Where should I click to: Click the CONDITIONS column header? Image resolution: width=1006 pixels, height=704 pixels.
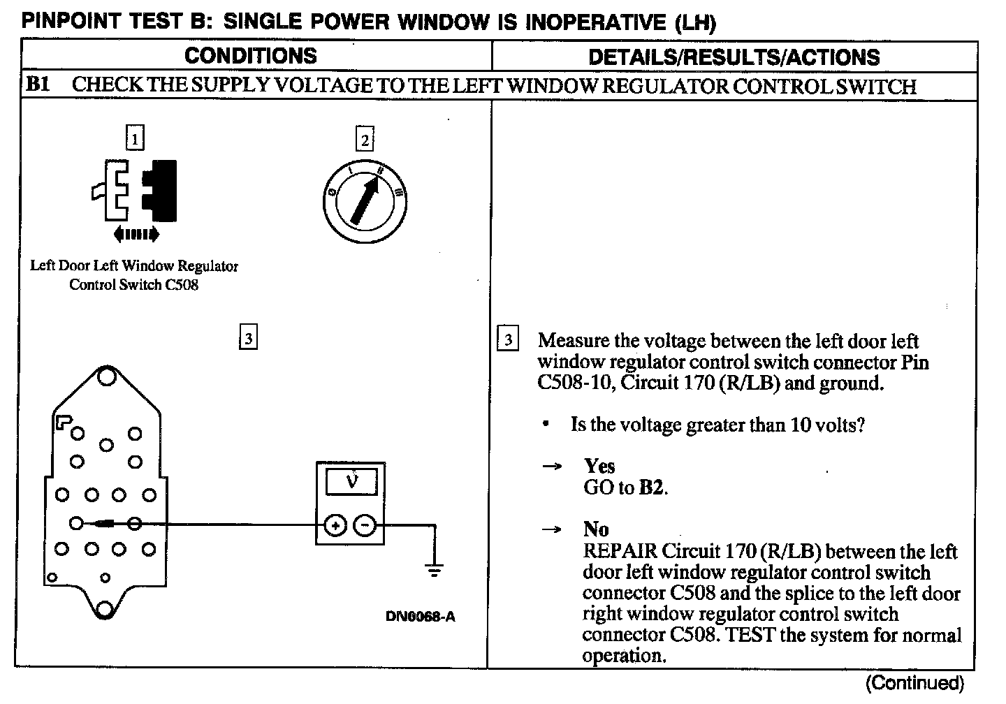point(250,56)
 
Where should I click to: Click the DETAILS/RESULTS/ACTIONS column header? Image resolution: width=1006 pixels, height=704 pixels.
point(734,57)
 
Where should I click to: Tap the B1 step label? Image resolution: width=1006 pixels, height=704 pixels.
point(38,85)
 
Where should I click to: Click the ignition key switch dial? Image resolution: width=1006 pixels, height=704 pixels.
point(365,202)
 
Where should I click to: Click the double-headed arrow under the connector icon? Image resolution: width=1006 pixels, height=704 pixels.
point(136,234)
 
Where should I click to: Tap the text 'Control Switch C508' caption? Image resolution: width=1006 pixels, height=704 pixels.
point(133,285)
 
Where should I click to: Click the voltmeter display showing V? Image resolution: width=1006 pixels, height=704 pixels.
point(351,482)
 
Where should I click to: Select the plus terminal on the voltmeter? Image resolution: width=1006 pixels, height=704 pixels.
point(335,525)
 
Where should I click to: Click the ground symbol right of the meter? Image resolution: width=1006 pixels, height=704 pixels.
point(435,570)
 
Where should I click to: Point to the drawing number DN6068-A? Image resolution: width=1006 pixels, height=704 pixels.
point(420,617)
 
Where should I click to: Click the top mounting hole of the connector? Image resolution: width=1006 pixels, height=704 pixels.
point(106,377)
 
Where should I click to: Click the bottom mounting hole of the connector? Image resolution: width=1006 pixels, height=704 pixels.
point(105,609)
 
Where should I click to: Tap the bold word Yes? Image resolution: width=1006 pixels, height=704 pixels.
point(599,466)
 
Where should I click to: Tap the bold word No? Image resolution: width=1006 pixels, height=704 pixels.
point(596,529)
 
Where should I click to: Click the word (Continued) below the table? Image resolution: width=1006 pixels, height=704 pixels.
point(914,683)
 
